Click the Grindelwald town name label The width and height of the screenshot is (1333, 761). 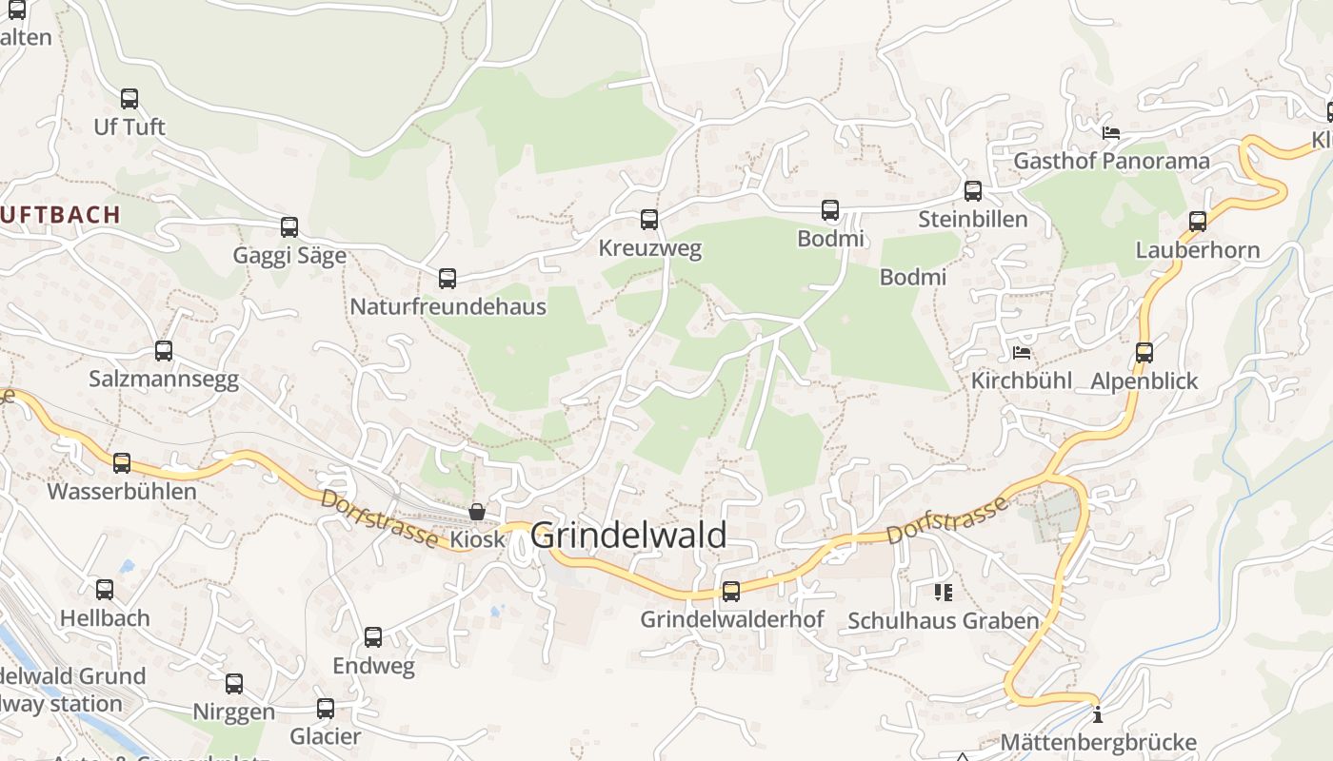click(x=628, y=536)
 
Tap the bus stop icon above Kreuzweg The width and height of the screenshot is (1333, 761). click(x=649, y=220)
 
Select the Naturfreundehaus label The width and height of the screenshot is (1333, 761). click(x=448, y=306)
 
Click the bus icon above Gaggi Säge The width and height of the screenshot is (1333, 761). click(x=289, y=227)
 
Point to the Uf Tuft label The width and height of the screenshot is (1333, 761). click(x=129, y=127)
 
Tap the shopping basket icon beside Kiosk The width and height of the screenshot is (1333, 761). click(x=476, y=513)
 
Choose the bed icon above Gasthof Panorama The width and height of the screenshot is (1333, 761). click(x=1110, y=133)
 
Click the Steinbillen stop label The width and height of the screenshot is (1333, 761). click(x=972, y=219)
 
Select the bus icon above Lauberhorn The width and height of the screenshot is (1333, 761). click(x=1198, y=222)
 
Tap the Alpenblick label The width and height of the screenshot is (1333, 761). click(x=1144, y=380)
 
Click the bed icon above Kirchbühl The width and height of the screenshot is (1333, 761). click(x=1022, y=353)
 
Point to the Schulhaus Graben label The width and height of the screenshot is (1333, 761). click(x=943, y=621)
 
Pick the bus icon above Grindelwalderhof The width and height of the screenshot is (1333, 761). click(x=731, y=592)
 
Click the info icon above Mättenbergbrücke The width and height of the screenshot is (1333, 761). click(x=1098, y=714)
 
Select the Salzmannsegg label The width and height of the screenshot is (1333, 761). click(x=164, y=379)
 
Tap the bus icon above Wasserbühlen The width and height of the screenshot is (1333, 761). click(x=122, y=463)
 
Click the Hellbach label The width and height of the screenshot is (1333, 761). click(x=105, y=617)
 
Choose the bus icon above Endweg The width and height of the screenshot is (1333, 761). click(x=373, y=637)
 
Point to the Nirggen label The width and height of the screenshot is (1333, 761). click(x=233, y=712)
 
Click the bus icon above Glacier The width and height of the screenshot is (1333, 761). click(x=326, y=709)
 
